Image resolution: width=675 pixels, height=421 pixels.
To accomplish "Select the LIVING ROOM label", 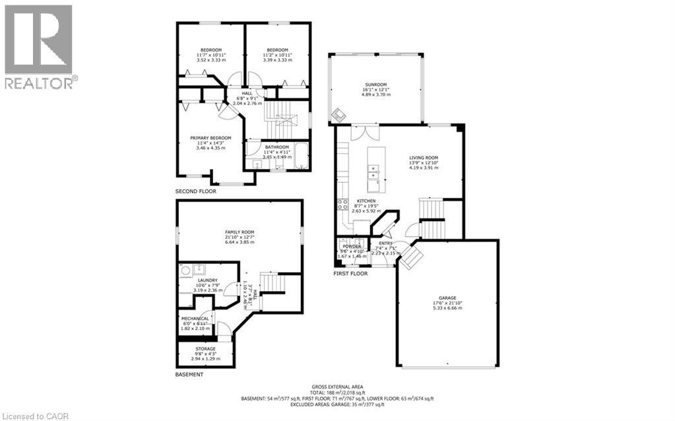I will click(424, 158).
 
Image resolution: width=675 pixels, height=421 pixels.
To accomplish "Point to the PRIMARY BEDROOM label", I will click(210, 138).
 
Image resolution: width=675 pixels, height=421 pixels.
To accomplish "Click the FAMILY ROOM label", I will click(240, 232).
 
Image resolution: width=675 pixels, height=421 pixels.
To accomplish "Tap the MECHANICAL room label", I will click(195, 318).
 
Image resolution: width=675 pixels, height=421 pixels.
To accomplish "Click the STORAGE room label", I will click(205, 348).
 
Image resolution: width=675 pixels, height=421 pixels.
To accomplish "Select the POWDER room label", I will click(351, 246).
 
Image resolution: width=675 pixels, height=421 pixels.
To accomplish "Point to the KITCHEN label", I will click(366, 201).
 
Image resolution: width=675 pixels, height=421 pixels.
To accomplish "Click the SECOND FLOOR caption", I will click(195, 191).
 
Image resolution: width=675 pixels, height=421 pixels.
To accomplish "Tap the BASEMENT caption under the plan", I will click(189, 374).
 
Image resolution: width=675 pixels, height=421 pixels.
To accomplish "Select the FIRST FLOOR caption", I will click(350, 273).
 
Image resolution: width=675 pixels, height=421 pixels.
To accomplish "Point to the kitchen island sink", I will click(373, 173).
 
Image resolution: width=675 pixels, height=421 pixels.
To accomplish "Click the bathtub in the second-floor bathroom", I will click(302, 156).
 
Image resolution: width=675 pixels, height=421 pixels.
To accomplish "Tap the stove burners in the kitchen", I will click(342, 203).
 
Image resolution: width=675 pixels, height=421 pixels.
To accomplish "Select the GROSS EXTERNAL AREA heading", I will click(337, 387).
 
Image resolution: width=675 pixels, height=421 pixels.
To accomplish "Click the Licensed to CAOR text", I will click(32, 416).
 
